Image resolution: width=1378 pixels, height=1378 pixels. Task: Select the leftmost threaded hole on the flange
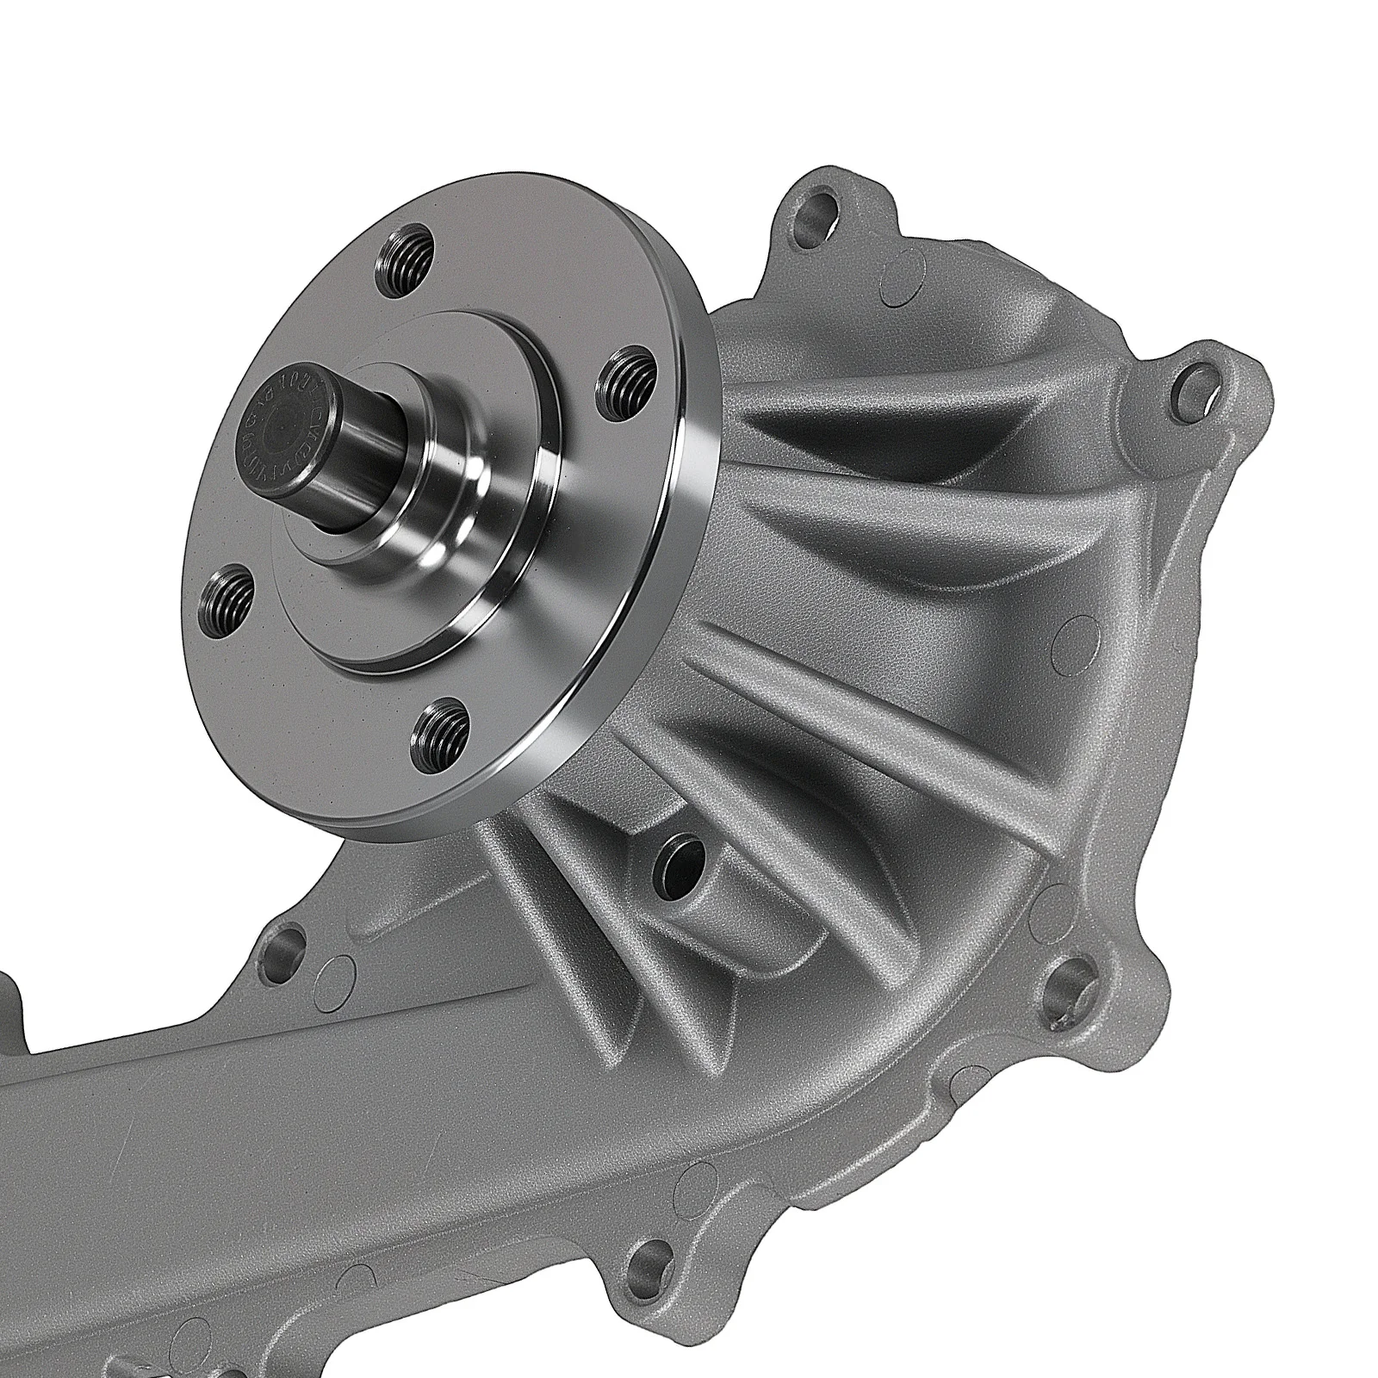point(227,597)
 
